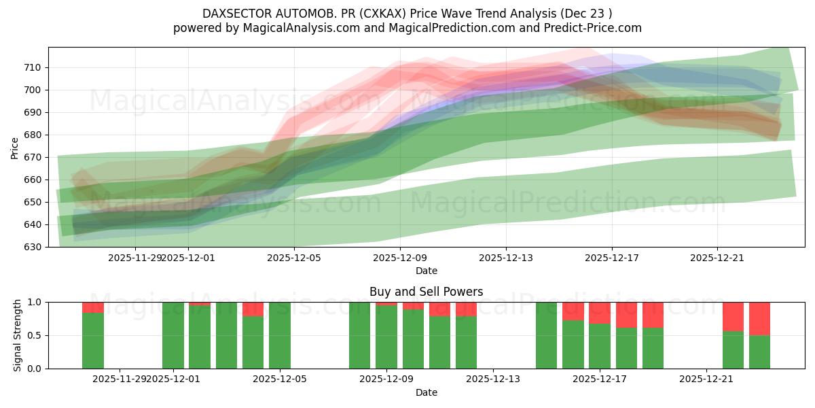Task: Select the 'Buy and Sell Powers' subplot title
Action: pos(426,292)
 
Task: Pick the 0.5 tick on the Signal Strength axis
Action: pos(34,335)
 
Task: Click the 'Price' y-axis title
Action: pos(14,147)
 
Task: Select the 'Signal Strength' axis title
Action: pos(18,335)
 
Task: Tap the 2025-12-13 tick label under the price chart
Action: pos(505,258)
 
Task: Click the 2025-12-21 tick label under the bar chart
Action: pos(707,379)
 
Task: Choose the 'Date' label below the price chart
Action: pos(426,271)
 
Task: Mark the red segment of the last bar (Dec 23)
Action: pos(759,318)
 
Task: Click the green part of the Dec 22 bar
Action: pos(733,350)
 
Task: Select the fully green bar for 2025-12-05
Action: pos(280,335)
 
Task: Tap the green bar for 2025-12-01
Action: pos(173,335)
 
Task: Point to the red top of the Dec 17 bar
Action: pos(600,313)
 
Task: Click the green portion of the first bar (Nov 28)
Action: pos(93,341)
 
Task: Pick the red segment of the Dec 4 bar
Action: pos(253,309)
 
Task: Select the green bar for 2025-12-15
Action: pos(546,335)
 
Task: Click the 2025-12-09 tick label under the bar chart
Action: pos(386,379)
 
